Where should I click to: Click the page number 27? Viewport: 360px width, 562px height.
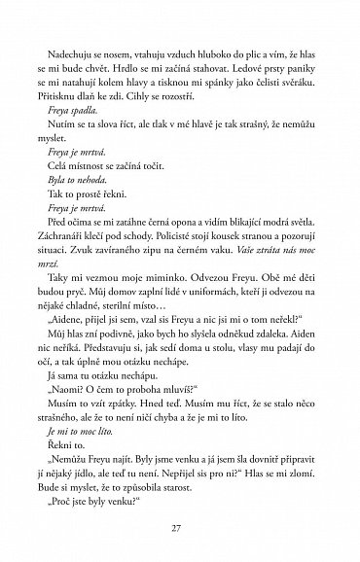tap(180, 529)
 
